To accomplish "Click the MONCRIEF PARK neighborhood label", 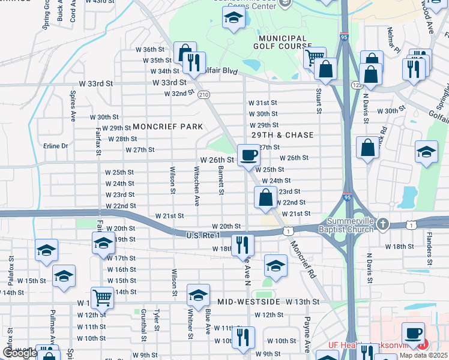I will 168,127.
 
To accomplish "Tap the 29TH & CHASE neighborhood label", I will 283,136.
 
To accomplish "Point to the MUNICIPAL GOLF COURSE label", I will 279,43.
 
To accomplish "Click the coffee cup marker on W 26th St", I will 249,156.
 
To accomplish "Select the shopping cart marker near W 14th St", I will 103,296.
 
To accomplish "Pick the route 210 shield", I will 204,95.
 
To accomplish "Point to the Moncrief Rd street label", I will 303,259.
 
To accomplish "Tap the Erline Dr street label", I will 56,146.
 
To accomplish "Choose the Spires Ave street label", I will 73,106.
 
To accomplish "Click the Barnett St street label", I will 221,179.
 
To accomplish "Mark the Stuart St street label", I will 319,102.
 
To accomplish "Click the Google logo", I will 20,353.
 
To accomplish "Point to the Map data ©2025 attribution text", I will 423,355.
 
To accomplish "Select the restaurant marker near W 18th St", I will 243,244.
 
